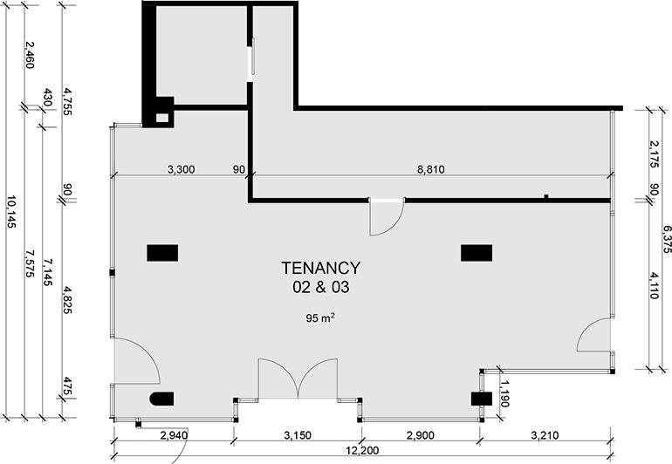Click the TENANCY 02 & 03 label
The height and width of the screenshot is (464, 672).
click(320, 277)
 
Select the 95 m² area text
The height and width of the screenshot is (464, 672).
click(320, 317)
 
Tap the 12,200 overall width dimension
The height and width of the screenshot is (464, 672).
click(362, 451)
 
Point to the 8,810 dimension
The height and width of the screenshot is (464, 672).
click(431, 170)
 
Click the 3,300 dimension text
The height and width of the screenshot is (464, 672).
click(181, 170)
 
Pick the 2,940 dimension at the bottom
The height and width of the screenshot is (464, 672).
click(174, 436)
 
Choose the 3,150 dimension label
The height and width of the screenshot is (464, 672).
click(298, 436)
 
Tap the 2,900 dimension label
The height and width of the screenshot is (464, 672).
click(421, 436)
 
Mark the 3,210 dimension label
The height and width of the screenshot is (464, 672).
click(545, 436)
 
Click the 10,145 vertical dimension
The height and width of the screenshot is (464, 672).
click(11, 211)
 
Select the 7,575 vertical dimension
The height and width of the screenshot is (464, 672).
click(29, 263)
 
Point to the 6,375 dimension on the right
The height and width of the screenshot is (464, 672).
click(666, 239)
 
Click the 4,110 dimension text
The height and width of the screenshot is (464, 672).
click(653, 285)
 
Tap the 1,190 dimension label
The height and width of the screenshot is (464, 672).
click(504, 393)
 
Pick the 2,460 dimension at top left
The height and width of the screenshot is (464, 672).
click(29, 55)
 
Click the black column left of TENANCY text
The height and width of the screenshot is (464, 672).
click(162, 253)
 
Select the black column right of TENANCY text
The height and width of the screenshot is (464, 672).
click(477, 253)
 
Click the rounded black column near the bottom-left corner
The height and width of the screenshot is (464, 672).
click(162, 399)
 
